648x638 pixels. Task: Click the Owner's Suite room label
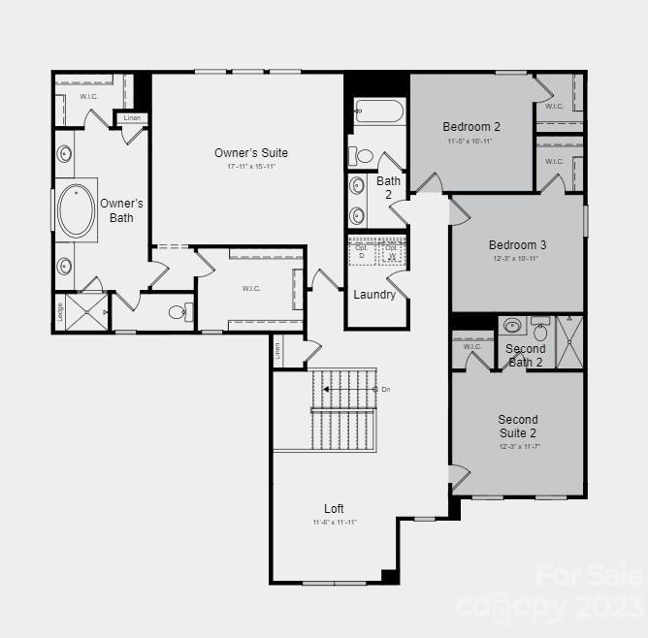(251, 153)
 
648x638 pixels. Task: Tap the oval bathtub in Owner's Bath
(76, 210)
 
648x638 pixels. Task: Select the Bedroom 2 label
(471, 127)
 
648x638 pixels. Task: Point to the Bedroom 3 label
(517, 245)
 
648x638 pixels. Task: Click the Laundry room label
(374, 295)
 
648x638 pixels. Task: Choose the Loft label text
(334, 509)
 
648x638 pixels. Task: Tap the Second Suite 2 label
(517, 427)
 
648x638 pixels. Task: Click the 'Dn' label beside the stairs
(386, 390)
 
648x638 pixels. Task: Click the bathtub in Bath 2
(378, 114)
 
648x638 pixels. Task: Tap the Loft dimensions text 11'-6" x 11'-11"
(335, 523)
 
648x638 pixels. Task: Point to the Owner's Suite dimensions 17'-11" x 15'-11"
(251, 167)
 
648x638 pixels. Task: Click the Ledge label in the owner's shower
(60, 311)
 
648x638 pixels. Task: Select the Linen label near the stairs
(276, 351)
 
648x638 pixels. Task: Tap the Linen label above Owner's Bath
(132, 118)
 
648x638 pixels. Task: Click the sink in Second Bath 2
(513, 326)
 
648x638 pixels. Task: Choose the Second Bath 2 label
(526, 356)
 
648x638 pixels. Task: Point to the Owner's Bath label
(121, 210)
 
